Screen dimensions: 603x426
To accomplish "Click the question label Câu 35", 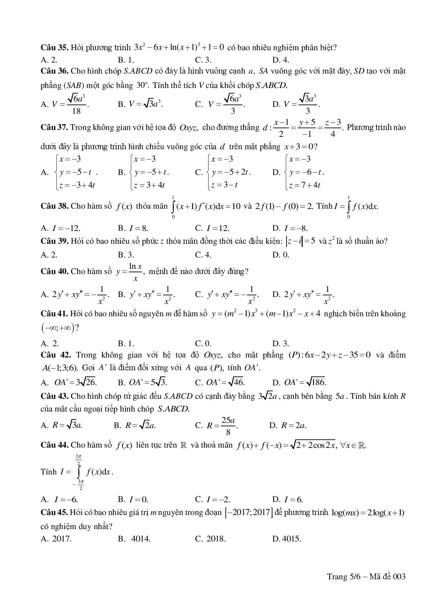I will pyautogui.click(x=55, y=47).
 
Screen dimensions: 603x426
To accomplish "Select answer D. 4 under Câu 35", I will pyautogui.click(x=281, y=60).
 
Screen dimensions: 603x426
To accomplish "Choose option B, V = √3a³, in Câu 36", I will pyautogui.click(x=141, y=104).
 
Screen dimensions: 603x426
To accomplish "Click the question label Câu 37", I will pyautogui.click(x=55, y=128).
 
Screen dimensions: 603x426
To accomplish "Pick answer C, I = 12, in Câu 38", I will pyautogui.click(x=212, y=228).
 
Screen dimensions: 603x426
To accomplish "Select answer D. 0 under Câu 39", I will pyautogui.click(x=281, y=255).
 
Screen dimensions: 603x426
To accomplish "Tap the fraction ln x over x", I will pyautogui.click(x=135, y=272).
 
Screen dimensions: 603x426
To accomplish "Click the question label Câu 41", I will pyautogui.click(x=55, y=314).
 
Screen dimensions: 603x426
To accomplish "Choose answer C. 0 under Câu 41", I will pyautogui.click(x=203, y=343).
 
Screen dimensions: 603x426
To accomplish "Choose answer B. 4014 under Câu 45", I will pyautogui.click(x=134, y=539).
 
